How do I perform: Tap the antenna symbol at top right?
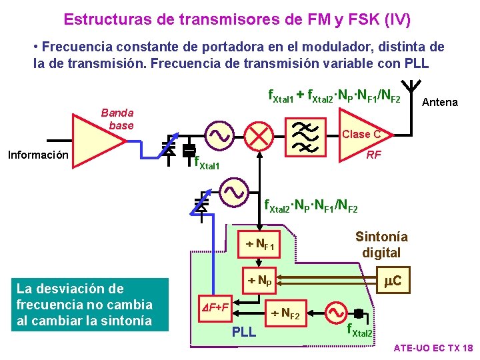coord(413,90)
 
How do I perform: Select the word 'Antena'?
coord(441,102)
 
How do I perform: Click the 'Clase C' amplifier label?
coord(361,134)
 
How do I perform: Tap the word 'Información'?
coord(38,155)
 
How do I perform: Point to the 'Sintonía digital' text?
coord(381,245)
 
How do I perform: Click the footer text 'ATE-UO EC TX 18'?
coord(433,348)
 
